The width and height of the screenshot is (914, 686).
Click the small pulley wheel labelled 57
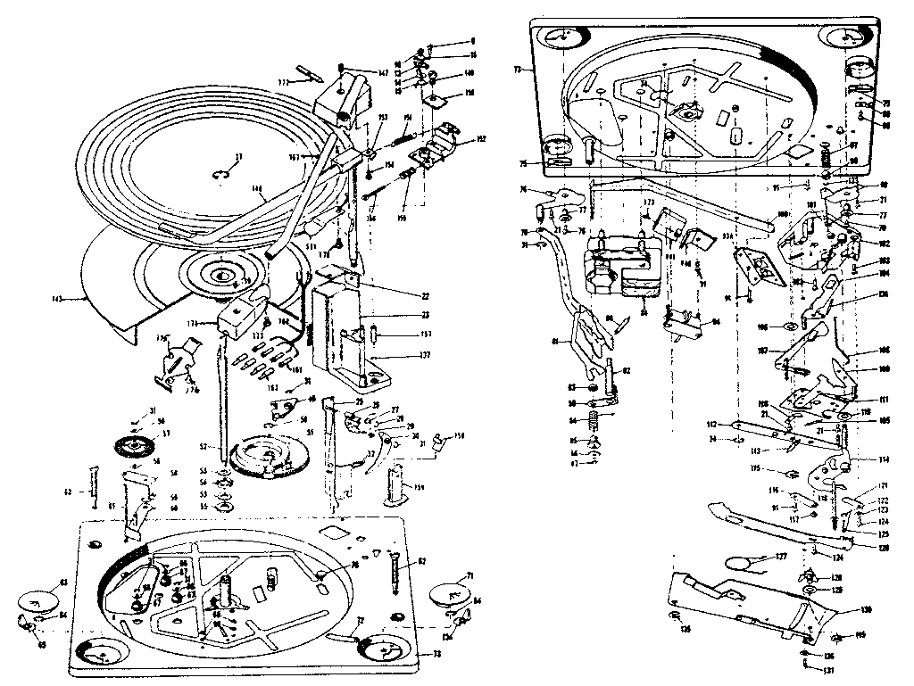point(131,446)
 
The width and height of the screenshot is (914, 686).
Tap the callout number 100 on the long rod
point(782,215)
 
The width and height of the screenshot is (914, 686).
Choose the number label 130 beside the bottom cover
point(865,610)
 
